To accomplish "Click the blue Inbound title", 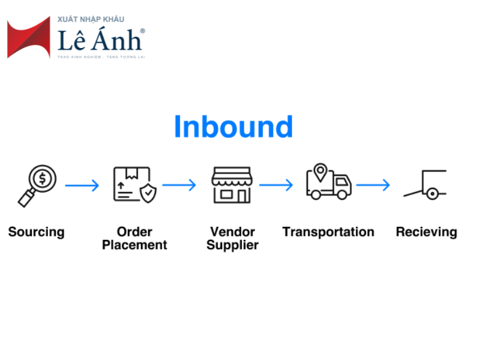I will [233, 127].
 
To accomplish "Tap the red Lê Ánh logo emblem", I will [28, 38].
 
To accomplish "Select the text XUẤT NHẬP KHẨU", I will [91, 20].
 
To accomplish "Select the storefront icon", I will [231, 185].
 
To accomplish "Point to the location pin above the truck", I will [322, 172].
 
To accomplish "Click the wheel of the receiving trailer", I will [431, 194].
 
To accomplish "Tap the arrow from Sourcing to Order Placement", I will [82, 185].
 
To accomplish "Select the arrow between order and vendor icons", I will [179, 185].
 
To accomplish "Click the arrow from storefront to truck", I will [276, 185].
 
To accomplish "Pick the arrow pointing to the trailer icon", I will [373, 185].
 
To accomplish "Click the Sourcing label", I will [36, 232].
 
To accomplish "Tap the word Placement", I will [134, 245].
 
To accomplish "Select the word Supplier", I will [232, 245].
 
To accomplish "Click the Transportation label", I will [328, 232].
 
